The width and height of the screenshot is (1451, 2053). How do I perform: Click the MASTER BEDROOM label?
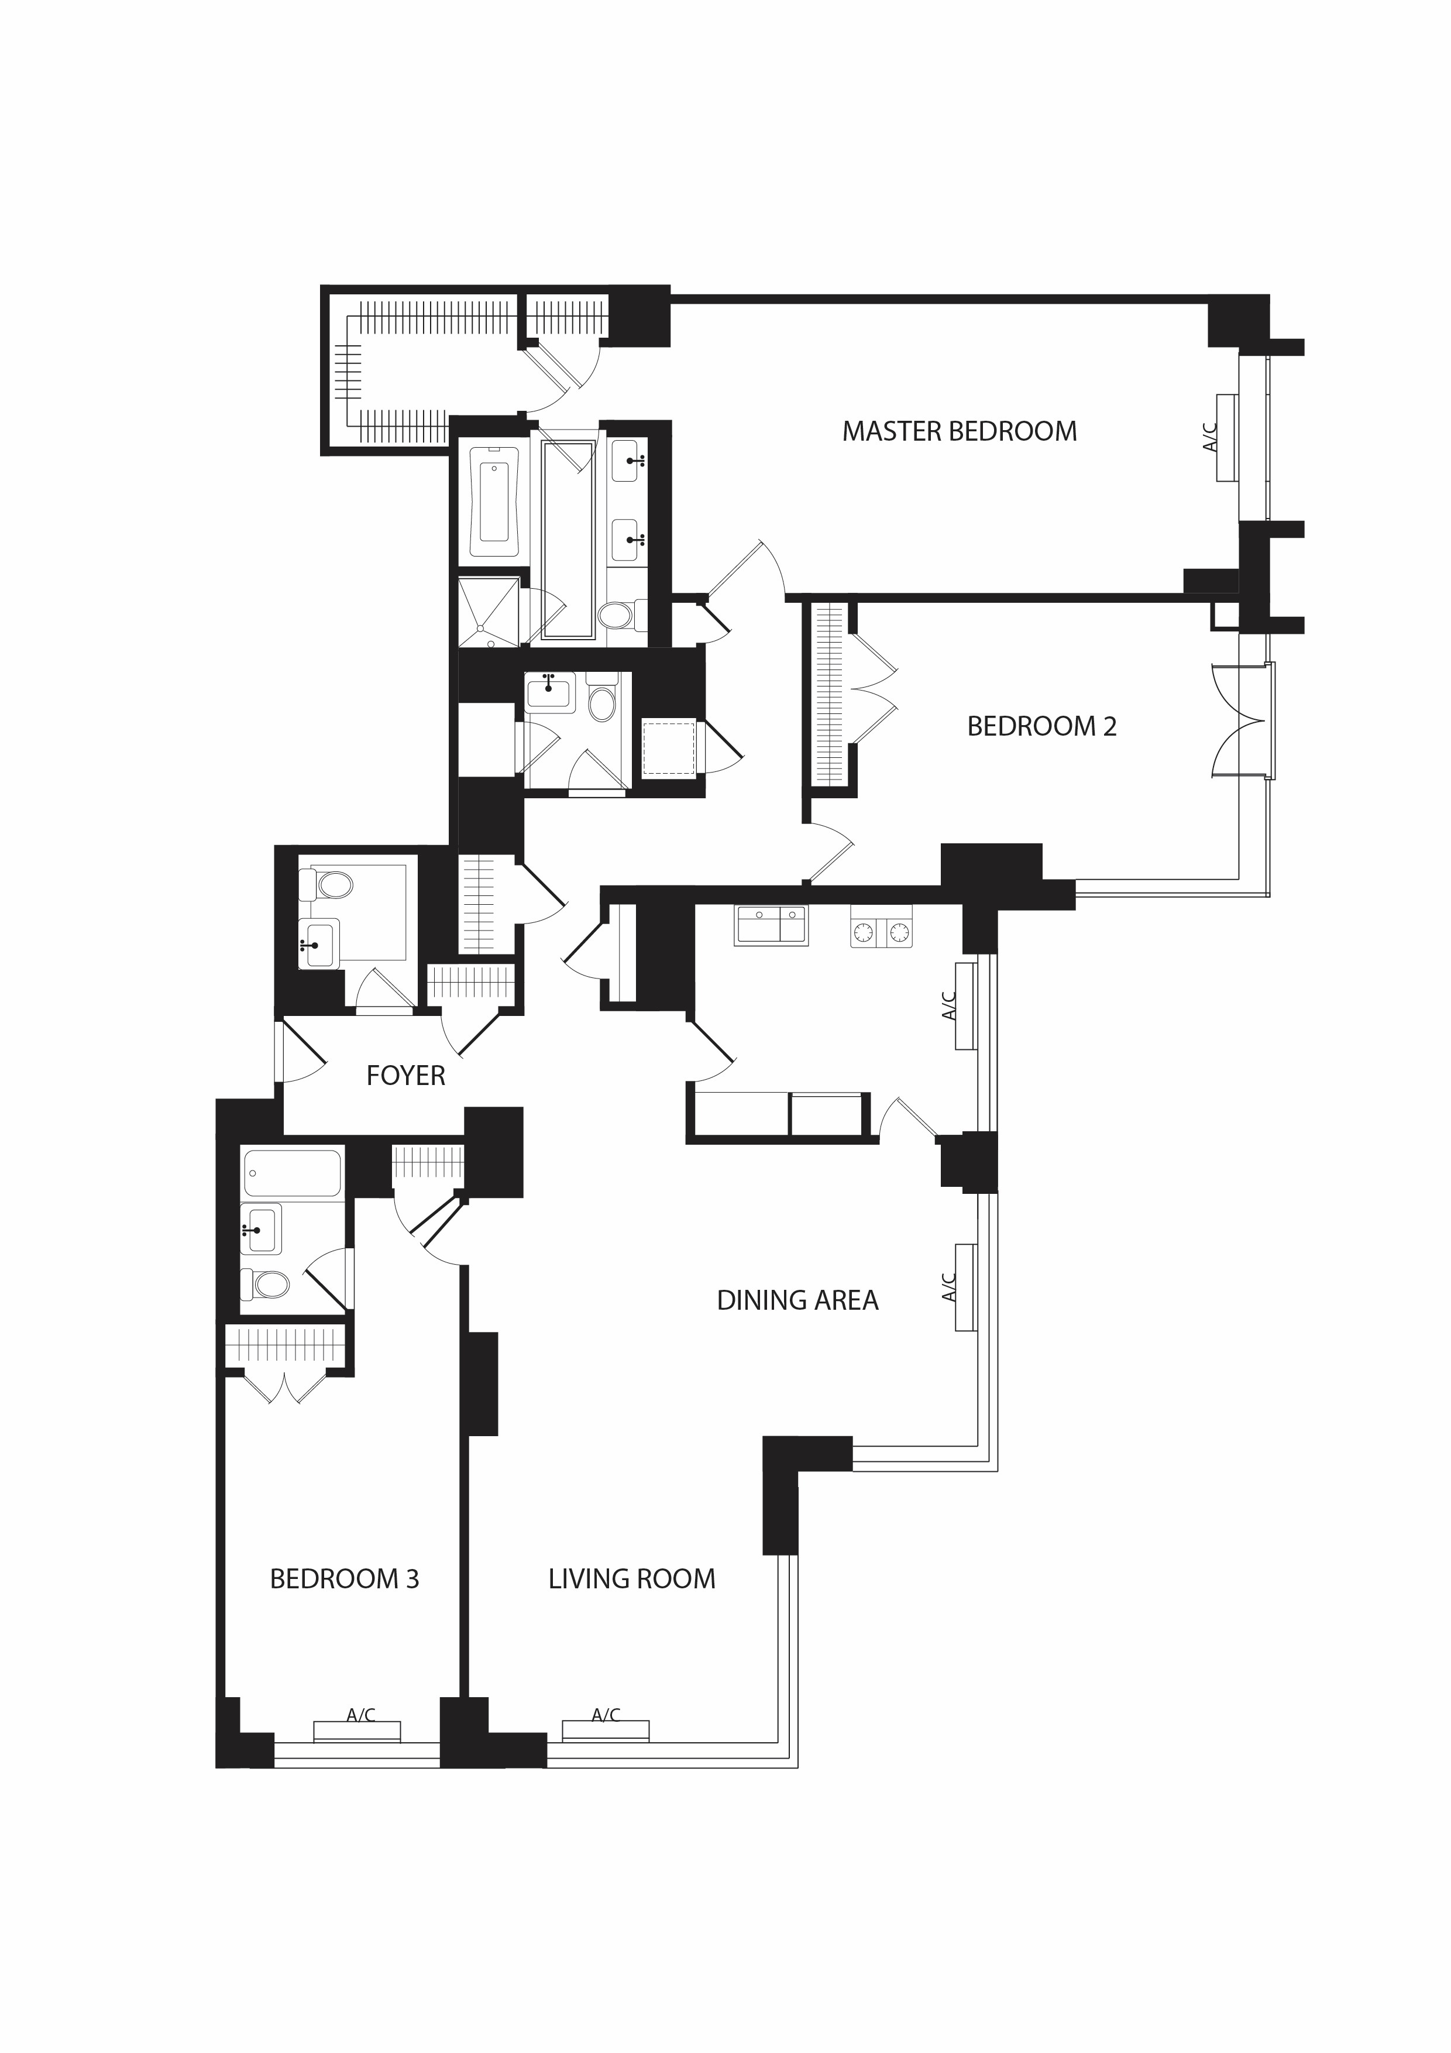click(x=960, y=431)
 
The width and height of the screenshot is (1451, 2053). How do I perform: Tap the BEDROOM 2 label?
click(x=1041, y=726)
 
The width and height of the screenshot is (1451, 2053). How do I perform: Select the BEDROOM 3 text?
click(x=344, y=1579)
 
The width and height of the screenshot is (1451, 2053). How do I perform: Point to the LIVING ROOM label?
click(x=632, y=1579)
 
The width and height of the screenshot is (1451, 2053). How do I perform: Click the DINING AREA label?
click(x=797, y=1300)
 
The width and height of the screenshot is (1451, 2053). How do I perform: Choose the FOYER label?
click(x=406, y=1075)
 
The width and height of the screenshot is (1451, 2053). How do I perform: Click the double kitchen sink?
click(x=771, y=925)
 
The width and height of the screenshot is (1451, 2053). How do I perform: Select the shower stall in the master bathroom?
click(x=488, y=612)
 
